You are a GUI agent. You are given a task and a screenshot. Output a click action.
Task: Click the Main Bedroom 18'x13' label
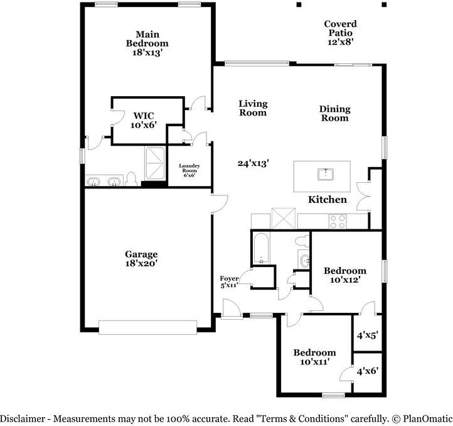(x=147, y=43)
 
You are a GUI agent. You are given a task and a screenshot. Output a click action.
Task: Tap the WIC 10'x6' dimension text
(x=144, y=125)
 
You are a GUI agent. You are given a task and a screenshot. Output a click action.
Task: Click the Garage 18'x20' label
(x=141, y=259)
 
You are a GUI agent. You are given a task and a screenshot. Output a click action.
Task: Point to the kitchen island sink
(x=326, y=175)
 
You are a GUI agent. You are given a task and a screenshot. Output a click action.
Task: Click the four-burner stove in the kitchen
(x=338, y=222)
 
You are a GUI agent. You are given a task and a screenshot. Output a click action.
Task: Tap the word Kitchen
(x=328, y=199)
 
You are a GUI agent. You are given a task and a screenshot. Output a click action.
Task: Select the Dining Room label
(x=335, y=114)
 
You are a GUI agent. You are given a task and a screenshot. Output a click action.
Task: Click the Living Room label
(x=253, y=108)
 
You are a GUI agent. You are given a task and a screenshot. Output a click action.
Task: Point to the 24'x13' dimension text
(x=253, y=163)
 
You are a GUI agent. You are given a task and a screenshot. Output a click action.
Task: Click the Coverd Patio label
(x=340, y=33)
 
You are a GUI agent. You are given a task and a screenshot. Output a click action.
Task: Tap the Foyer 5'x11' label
(x=230, y=282)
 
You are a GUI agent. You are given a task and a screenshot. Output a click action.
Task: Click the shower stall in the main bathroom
(x=155, y=164)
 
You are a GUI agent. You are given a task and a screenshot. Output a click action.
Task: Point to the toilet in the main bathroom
(x=132, y=179)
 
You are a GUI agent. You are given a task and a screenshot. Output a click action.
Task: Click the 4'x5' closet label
(x=368, y=336)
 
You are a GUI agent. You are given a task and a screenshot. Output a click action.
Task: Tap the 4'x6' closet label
(x=368, y=371)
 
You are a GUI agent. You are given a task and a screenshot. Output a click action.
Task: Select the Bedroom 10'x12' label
(x=345, y=275)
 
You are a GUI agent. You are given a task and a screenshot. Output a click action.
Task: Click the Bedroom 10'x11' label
(x=314, y=357)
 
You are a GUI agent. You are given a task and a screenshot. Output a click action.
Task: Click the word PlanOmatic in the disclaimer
(x=427, y=418)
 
